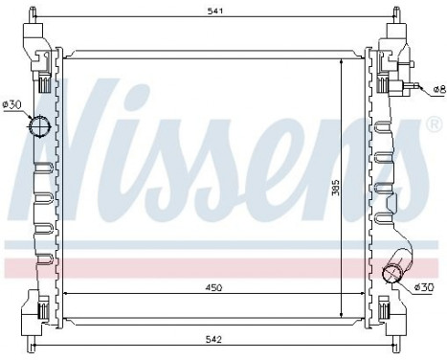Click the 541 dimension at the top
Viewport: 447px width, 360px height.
pyautogui.click(x=221, y=11)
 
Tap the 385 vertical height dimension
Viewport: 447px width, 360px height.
pyautogui.click(x=335, y=191)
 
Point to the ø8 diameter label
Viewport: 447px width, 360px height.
pyautogui.click(x=437, y=89)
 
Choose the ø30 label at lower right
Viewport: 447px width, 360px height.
pyautogui.click(x=423, y=287)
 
